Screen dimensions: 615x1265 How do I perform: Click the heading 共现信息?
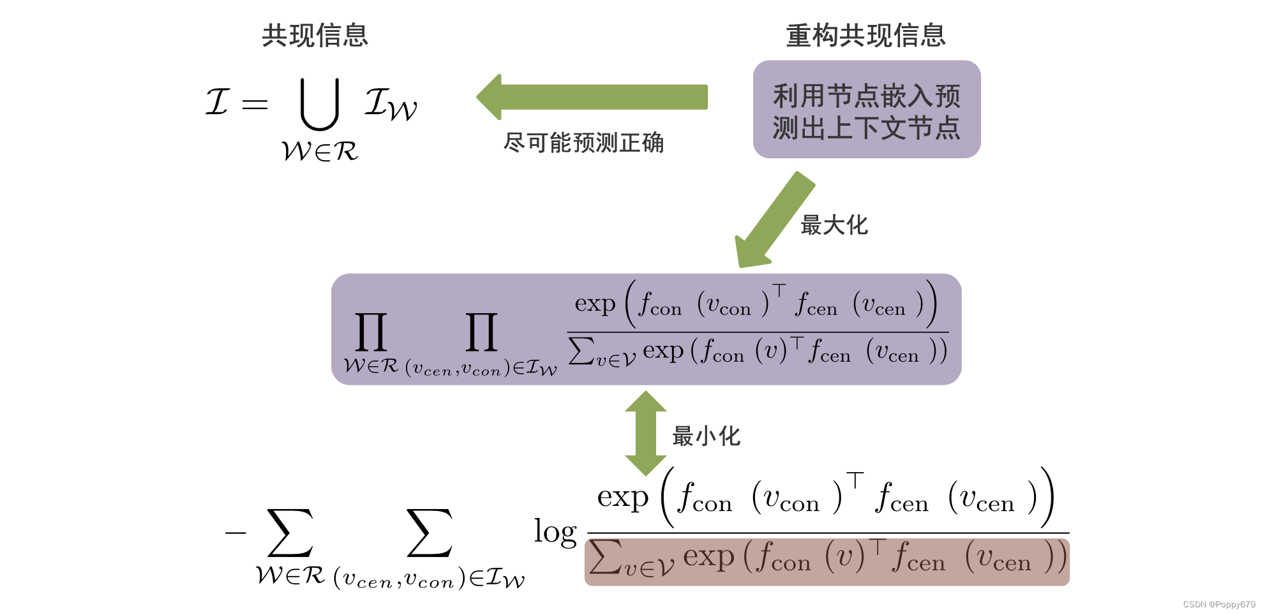click(x=315, y=35)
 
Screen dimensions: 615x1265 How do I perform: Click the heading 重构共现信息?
click(x=865, y=35)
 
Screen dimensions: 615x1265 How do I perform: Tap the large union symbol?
click(x=319, y=104)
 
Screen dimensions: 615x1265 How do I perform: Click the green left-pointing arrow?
click(x=592, y=97)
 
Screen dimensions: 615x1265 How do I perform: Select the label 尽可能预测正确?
click(x=583, y=143)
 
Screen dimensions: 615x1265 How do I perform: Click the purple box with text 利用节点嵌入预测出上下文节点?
click(x=866, y=110)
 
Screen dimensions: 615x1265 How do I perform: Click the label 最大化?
click(x=834, y=225)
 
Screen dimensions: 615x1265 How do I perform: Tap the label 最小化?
click(x=706, y=436)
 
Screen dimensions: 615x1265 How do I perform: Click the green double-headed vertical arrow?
click(x=646, y=433)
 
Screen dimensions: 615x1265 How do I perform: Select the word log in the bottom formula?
click(x=555, y=531)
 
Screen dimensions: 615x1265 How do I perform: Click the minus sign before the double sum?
click(x=236, y=533)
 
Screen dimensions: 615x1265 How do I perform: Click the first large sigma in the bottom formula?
click(x=290, y=533)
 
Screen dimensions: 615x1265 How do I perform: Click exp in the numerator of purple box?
click(x=595, y=304)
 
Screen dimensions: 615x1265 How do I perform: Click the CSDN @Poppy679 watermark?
click(x=1218, y=604)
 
